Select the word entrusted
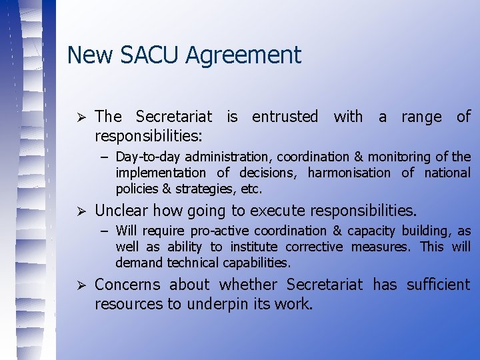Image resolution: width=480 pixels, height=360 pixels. pos(285,117)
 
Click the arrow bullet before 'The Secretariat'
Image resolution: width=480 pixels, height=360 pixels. pos(77,117)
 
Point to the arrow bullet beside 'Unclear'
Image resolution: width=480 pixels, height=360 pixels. pos(77,211)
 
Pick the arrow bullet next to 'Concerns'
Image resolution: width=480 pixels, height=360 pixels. pos(77,285)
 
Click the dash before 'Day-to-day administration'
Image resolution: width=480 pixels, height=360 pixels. pos(106,157)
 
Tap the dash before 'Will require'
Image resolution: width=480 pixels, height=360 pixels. pos(106,231)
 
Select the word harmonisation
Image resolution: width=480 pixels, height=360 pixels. pos(349,173)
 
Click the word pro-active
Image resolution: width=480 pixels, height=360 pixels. pos(219,231)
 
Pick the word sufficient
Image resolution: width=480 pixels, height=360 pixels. pos(437,285)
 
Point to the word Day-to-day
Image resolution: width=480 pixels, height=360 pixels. pos(148,157)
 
